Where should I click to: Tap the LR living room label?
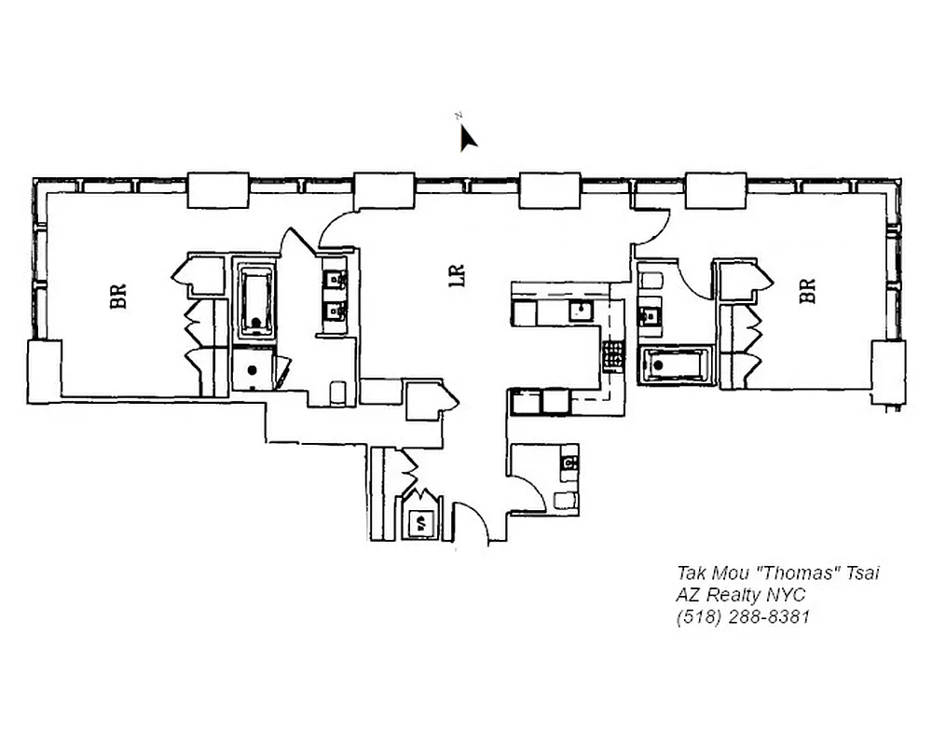click(457, 278)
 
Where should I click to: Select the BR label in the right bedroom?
click(807, 291)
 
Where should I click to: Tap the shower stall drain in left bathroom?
click(251, 367)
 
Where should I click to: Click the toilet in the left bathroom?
click(340, 392)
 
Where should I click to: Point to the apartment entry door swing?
click(469, 524)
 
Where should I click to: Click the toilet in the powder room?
click(565, 499)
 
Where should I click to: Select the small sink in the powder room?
click(568, 462)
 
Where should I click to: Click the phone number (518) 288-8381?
click(743, 616)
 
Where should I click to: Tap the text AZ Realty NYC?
click(741, 595)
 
